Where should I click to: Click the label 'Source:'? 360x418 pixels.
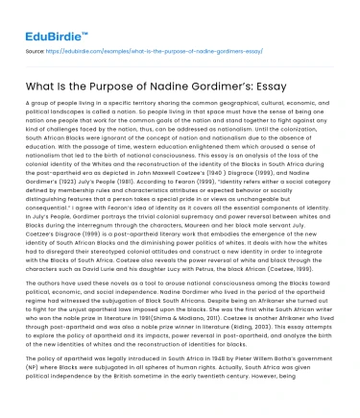pyautogui.click(x=35, y=45)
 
